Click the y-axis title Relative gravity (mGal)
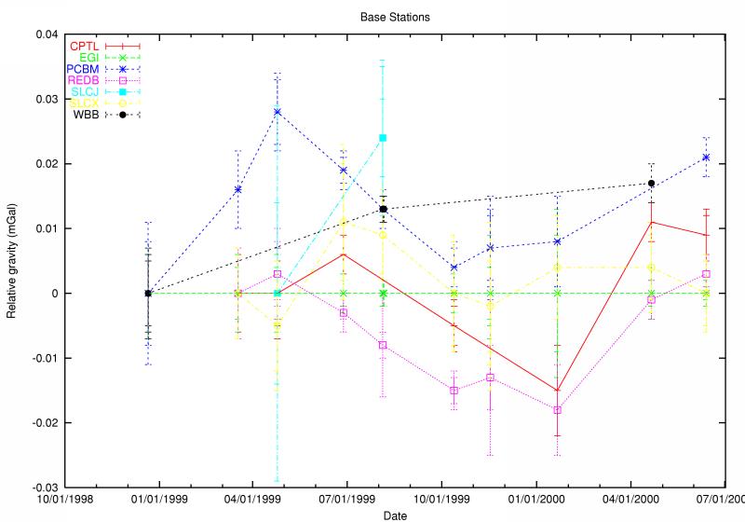pos(12,261)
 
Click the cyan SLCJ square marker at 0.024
pos(383,138)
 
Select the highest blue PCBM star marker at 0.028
pos(278,112)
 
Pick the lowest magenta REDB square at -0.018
pos(558,410)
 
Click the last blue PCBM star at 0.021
pos(706,158)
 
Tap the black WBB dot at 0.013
pos(383,209)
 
